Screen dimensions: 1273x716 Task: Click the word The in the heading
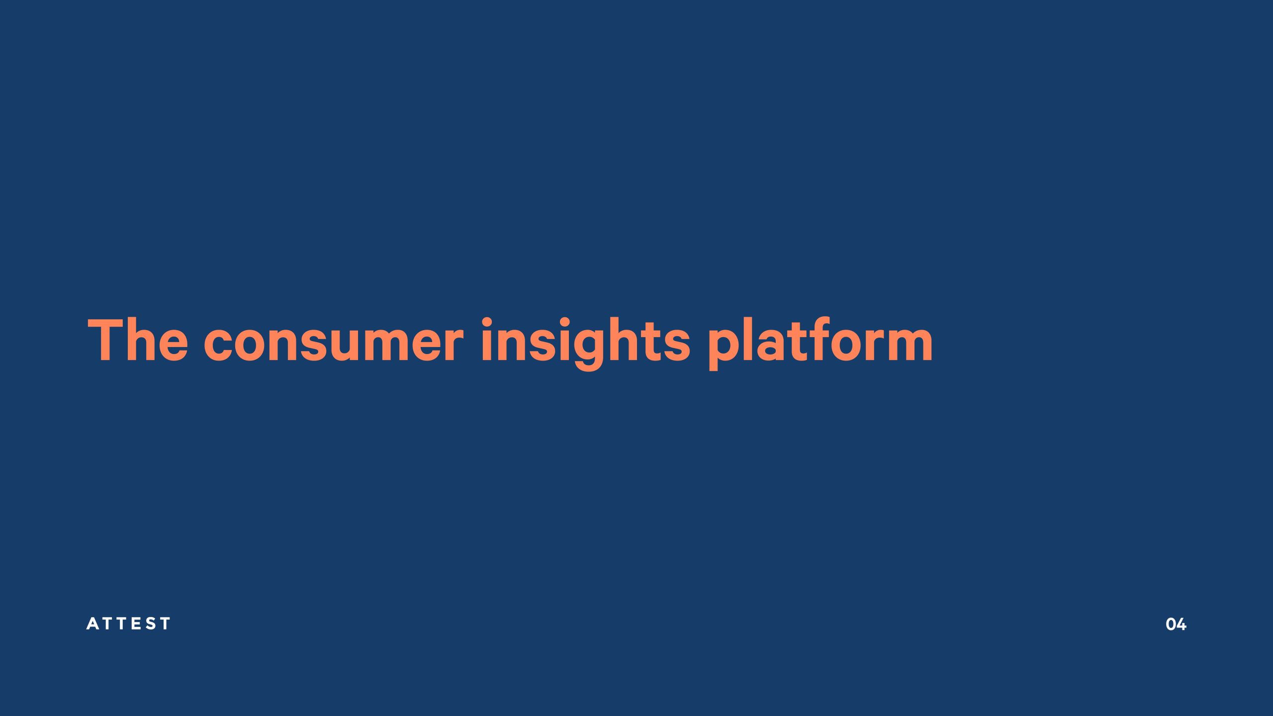(138, 340)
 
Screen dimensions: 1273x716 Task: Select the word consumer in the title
(334, 344)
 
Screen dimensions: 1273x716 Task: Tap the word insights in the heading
(585, 344)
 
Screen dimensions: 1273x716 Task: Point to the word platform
(820, 344)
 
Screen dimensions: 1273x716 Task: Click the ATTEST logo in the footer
(128, 624)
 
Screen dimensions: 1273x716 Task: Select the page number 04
(1176, 625)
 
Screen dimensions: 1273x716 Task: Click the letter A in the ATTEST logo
(92, 624)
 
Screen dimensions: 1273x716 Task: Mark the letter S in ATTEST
(151, 624)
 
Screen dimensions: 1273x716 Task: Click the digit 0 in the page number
(1171, 625)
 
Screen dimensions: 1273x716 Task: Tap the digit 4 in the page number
(1182, 625)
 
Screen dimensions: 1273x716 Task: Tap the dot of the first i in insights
(487, 322)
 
